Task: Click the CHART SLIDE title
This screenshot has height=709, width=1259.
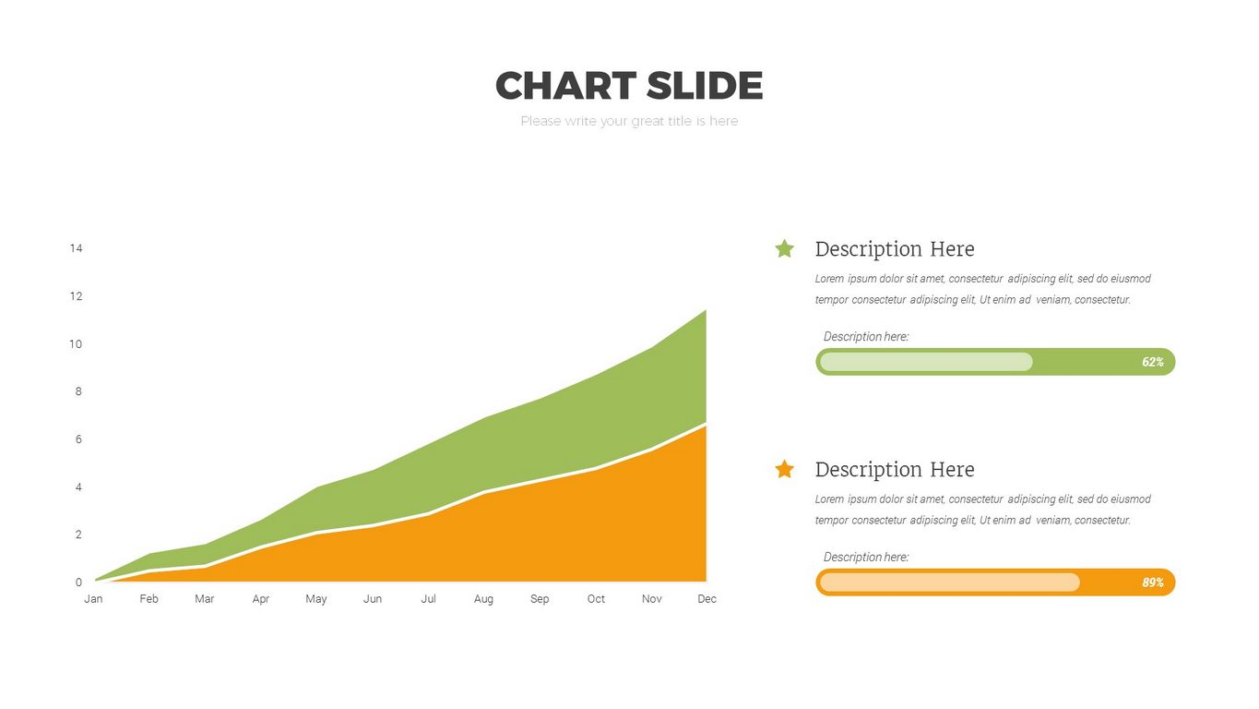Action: click(629, 86)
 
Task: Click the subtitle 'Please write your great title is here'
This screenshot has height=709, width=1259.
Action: click(629, 121)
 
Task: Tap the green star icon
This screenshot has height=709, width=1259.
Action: click(785, 248)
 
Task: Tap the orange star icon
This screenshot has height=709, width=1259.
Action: click(785, 469)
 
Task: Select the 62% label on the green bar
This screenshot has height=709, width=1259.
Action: click(1153, 362)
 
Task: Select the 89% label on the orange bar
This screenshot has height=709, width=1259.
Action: click(1153, 583)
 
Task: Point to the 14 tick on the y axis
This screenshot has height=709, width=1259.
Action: click(76, 248)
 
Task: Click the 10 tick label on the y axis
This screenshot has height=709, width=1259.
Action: click(76, 343)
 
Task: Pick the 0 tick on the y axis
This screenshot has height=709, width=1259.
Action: click(78, 583)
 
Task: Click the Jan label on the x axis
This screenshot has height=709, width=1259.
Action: click(93, 599)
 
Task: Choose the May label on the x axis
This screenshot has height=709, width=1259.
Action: click(315, 599)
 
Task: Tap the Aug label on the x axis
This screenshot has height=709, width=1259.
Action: click(483, 599)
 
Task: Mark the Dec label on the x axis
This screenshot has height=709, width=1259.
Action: click(707, 599)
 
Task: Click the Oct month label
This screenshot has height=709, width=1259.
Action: click(596, 599)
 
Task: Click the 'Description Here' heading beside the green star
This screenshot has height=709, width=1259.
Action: click(895, 249)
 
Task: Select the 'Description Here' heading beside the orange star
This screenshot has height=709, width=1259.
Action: click(895, 470)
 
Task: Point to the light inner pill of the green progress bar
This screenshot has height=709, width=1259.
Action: click(926, 362)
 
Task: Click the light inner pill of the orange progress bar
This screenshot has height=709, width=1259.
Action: click(950, 583)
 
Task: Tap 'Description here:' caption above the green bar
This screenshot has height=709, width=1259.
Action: click(865, 336)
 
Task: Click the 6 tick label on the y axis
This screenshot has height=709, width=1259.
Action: click(78, 439)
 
